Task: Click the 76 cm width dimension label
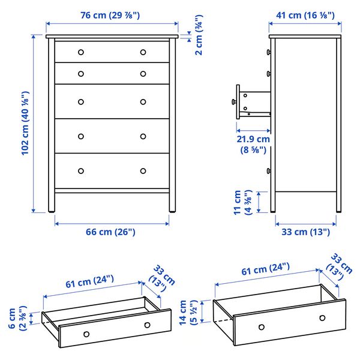(112, 15)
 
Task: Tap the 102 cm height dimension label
(25, 123)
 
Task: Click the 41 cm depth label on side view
(302, 15)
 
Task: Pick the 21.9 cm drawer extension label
(253, 143)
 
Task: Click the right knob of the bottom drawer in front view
(143, 171)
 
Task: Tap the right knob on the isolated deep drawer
(322, 317)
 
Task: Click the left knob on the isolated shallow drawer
(86, 333)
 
